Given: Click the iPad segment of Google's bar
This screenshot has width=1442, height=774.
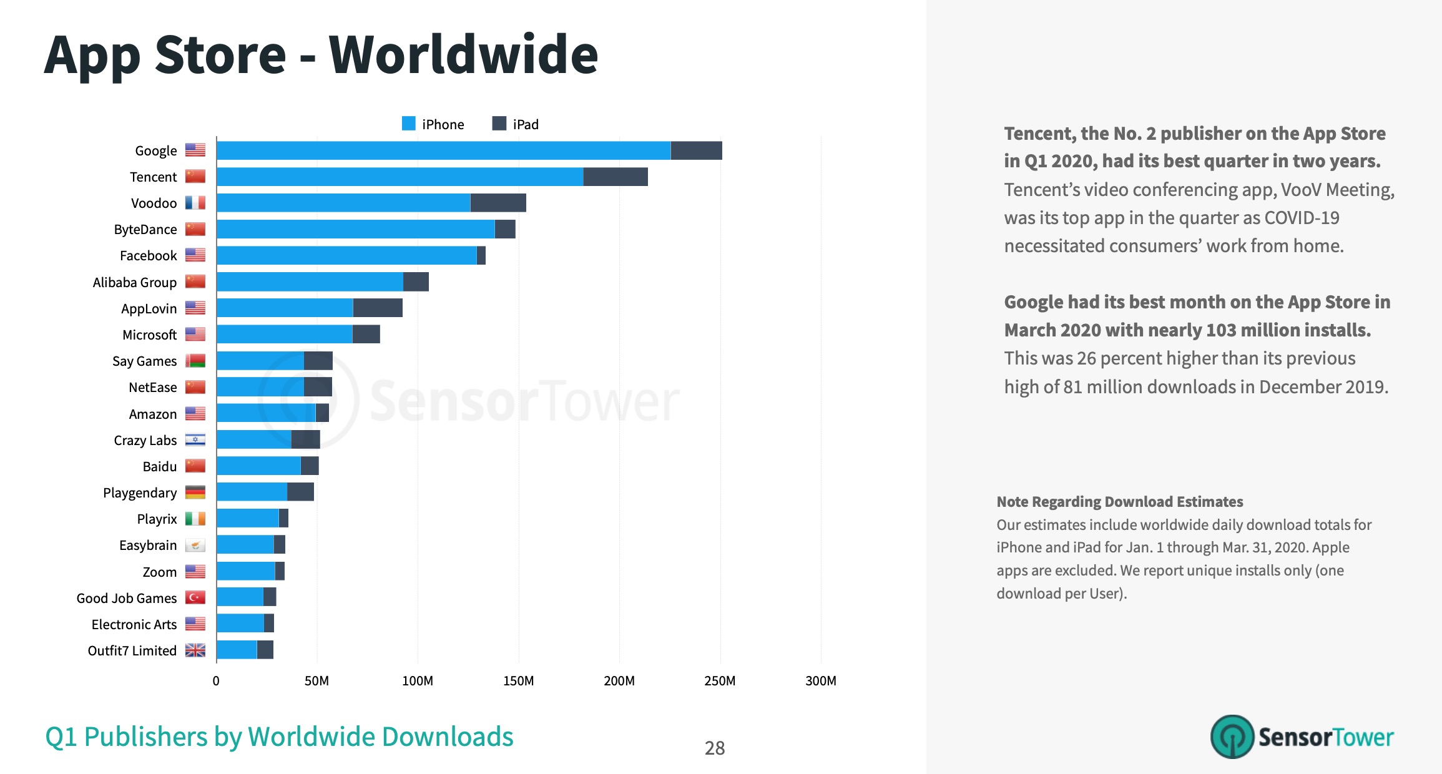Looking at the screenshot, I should [696, 150].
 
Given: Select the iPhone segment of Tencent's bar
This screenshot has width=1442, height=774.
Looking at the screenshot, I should [400, 177].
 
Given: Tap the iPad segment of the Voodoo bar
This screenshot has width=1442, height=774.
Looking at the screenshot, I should [498, 203].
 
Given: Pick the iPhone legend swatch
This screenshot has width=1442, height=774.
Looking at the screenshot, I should [409, 124].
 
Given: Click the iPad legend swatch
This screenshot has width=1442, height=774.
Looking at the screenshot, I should [499, 124].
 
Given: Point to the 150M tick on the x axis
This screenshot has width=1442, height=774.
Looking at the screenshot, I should [518, 681].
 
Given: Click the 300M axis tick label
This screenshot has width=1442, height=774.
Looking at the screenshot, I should [820, 681].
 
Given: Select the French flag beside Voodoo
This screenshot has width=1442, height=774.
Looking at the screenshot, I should [195, 203].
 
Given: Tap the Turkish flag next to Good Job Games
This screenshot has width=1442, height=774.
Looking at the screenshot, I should [195, 598].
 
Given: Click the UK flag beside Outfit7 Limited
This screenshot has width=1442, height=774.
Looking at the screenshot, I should [195, 650].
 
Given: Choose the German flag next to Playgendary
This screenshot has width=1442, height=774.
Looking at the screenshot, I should [195, 492].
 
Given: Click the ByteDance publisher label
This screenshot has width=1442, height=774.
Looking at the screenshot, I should [145, 230].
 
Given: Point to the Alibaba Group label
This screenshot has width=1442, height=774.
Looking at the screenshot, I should [135, 282].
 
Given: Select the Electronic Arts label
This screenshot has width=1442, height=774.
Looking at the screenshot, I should [134, 624].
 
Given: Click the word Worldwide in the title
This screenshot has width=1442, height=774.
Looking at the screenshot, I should [463, 55].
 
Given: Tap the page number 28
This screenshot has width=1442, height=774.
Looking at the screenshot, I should [715, 748].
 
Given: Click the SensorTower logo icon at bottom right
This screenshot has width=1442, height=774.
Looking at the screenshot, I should [1232, 737].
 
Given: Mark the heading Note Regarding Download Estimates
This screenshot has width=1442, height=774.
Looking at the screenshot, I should [1119, 502].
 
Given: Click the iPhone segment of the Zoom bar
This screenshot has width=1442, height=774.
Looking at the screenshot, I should [245, 571].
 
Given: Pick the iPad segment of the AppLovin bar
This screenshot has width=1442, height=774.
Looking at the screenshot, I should [378, 308].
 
